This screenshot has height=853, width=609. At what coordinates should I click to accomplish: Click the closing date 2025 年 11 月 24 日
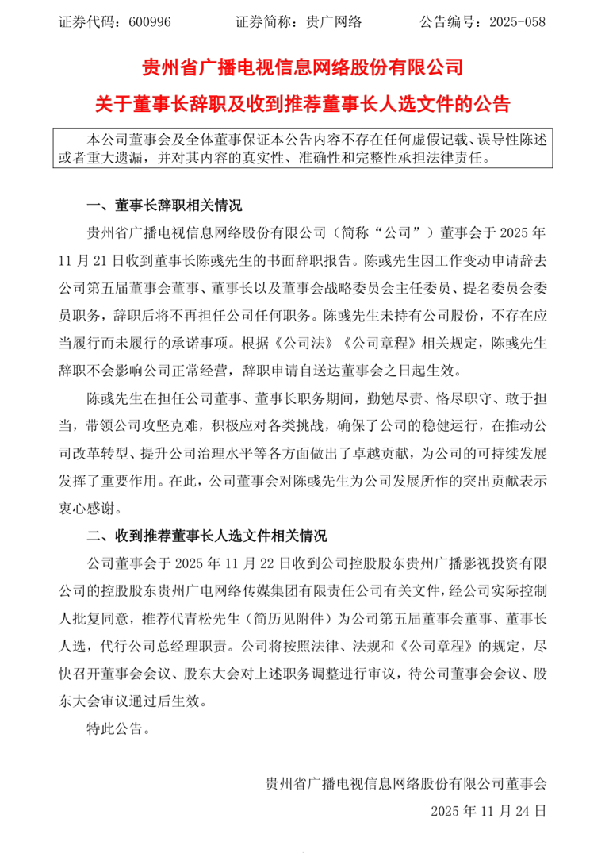pyautogui.click(x=488, y=812)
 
